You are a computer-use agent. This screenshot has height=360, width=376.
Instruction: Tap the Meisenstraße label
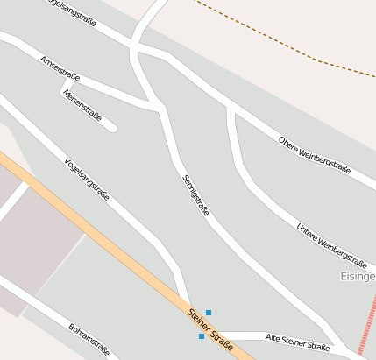[83, 105]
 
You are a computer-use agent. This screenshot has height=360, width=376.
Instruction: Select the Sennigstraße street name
[195, 195]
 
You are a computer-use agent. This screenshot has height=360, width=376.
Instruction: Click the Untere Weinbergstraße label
[330, 244]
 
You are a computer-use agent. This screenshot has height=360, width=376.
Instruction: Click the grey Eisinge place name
[357, 276]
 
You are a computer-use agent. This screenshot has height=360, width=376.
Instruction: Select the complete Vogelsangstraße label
[87, 179]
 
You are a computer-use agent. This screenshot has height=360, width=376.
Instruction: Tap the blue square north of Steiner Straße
[209, 313]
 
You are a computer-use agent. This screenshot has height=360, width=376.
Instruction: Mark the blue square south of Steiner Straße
[202, 336]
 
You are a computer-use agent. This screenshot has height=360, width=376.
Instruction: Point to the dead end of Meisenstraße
[112, 128]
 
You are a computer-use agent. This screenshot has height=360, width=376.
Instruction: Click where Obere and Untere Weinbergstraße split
[231, 108]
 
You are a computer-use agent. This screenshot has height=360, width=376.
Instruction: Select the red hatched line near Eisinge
[367, 324]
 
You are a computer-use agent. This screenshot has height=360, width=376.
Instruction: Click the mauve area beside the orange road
[39, 236]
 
